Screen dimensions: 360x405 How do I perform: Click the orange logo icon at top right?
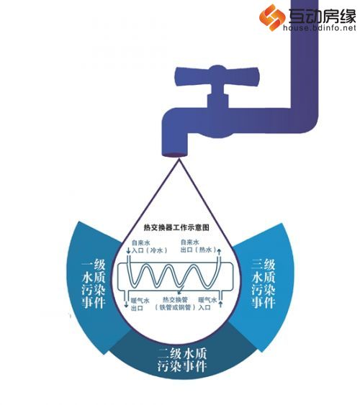pyautogui.click(x=272, y=17)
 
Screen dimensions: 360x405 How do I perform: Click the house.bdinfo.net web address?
pyautogui.click(x=319, y=27)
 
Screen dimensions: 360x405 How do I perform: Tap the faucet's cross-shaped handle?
pyautogui.click(x=217, y=76)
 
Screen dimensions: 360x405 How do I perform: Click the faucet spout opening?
pyautogui.click(x=174, y=155)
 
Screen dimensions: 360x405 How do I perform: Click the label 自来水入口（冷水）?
pyautogui.click(x=149, y=247)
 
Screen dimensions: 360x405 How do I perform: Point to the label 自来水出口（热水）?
pyautogui.click(x=198, y=246)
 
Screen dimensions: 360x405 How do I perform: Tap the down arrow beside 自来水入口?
pyautogui.click(x=128, y=250)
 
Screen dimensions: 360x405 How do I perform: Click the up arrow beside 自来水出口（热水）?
pyautogui.click(x=219, y=252)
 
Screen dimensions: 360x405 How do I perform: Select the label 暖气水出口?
pyautogui.click(x=140, y=304)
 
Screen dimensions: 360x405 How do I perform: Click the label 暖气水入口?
pyautogui.click(x=207, y=304)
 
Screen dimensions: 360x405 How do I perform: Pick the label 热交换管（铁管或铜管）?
pyautogui.click(x=175, y=304)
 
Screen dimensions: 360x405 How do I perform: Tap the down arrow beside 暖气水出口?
pyautogui.click(x=126, y=304)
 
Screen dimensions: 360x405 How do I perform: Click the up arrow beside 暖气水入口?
pyautogui.click(x=220, y=304)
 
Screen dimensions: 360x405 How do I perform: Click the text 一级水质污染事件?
pyautogui.click(x=94, y=283)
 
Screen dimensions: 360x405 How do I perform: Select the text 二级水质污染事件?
pyautogui.click(x=182, y=360)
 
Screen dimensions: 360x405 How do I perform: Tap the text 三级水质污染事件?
pyautogui.click(x=264, y=283)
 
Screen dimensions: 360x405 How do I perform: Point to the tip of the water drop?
pyautogui.click(x=179, y=160)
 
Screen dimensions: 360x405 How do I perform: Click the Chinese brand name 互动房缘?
pyautogui.click(x=323, y=16)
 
